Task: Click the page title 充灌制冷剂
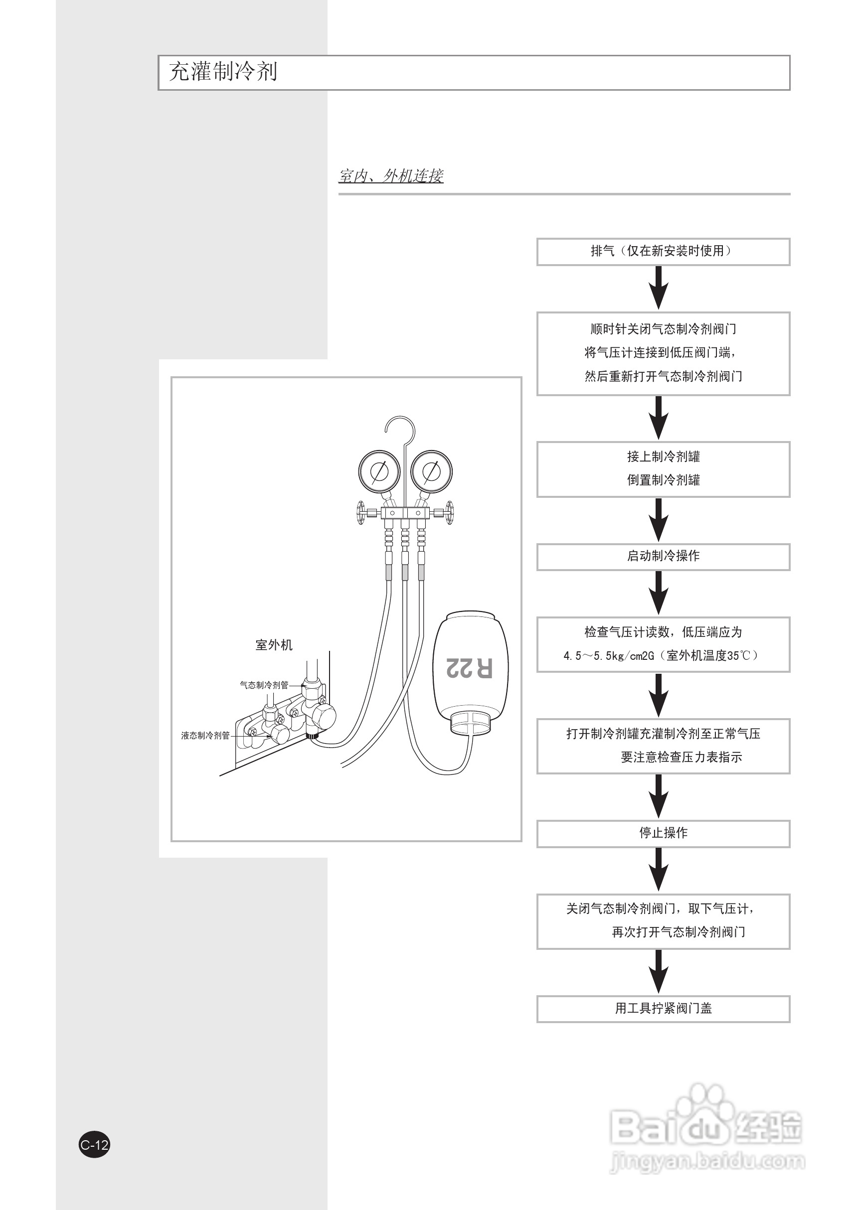coord(223,72)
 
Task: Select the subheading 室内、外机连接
coord(391,175)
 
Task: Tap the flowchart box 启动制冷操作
coord(663,557)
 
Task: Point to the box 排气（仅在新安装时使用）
coord(663,251)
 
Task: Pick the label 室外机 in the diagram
coord(274,645)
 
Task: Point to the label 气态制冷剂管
coord(264,685)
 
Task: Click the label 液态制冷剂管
coord(205,735)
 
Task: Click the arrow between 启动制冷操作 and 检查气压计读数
coord(658,593)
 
